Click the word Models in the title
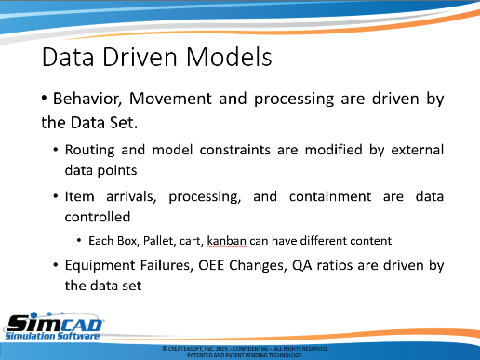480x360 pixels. point(229,57)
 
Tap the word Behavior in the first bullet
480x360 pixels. point(87,100)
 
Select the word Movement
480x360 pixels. point(170,99)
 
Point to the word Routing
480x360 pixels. point(89,151)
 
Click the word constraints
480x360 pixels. point(235,150)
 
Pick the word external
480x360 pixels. point(418,150)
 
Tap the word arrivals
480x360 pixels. point(131,197)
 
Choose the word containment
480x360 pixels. point(330,196)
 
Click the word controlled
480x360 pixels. point(98,217)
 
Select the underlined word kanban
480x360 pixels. point(226,241)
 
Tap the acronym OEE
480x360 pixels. point(211,265)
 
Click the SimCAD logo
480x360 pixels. point(54,326)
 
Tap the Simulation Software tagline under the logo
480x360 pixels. point(52,336)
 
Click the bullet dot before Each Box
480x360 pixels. point(79,241)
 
